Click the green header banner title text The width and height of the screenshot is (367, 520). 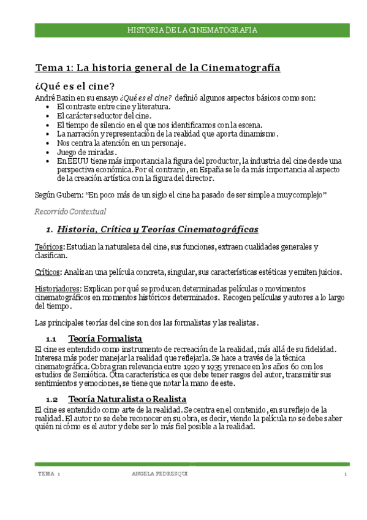tap(191, 30)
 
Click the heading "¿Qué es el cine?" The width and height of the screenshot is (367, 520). tap(75, 85)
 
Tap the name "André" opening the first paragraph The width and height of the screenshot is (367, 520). tap(45, 97)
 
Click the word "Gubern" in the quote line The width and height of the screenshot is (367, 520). tap(71, 194)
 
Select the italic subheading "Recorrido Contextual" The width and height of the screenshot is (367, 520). tap(70, 212)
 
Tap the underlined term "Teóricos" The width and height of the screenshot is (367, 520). tap(49, 247)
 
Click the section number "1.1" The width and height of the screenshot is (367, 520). tap(51, 338)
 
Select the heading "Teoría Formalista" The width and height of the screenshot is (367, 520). tap(105, 338)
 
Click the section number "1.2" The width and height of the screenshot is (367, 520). tap(51, 399)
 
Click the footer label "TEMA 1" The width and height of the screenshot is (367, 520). tap(48, 475)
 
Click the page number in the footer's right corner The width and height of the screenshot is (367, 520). tap(346, 475)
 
